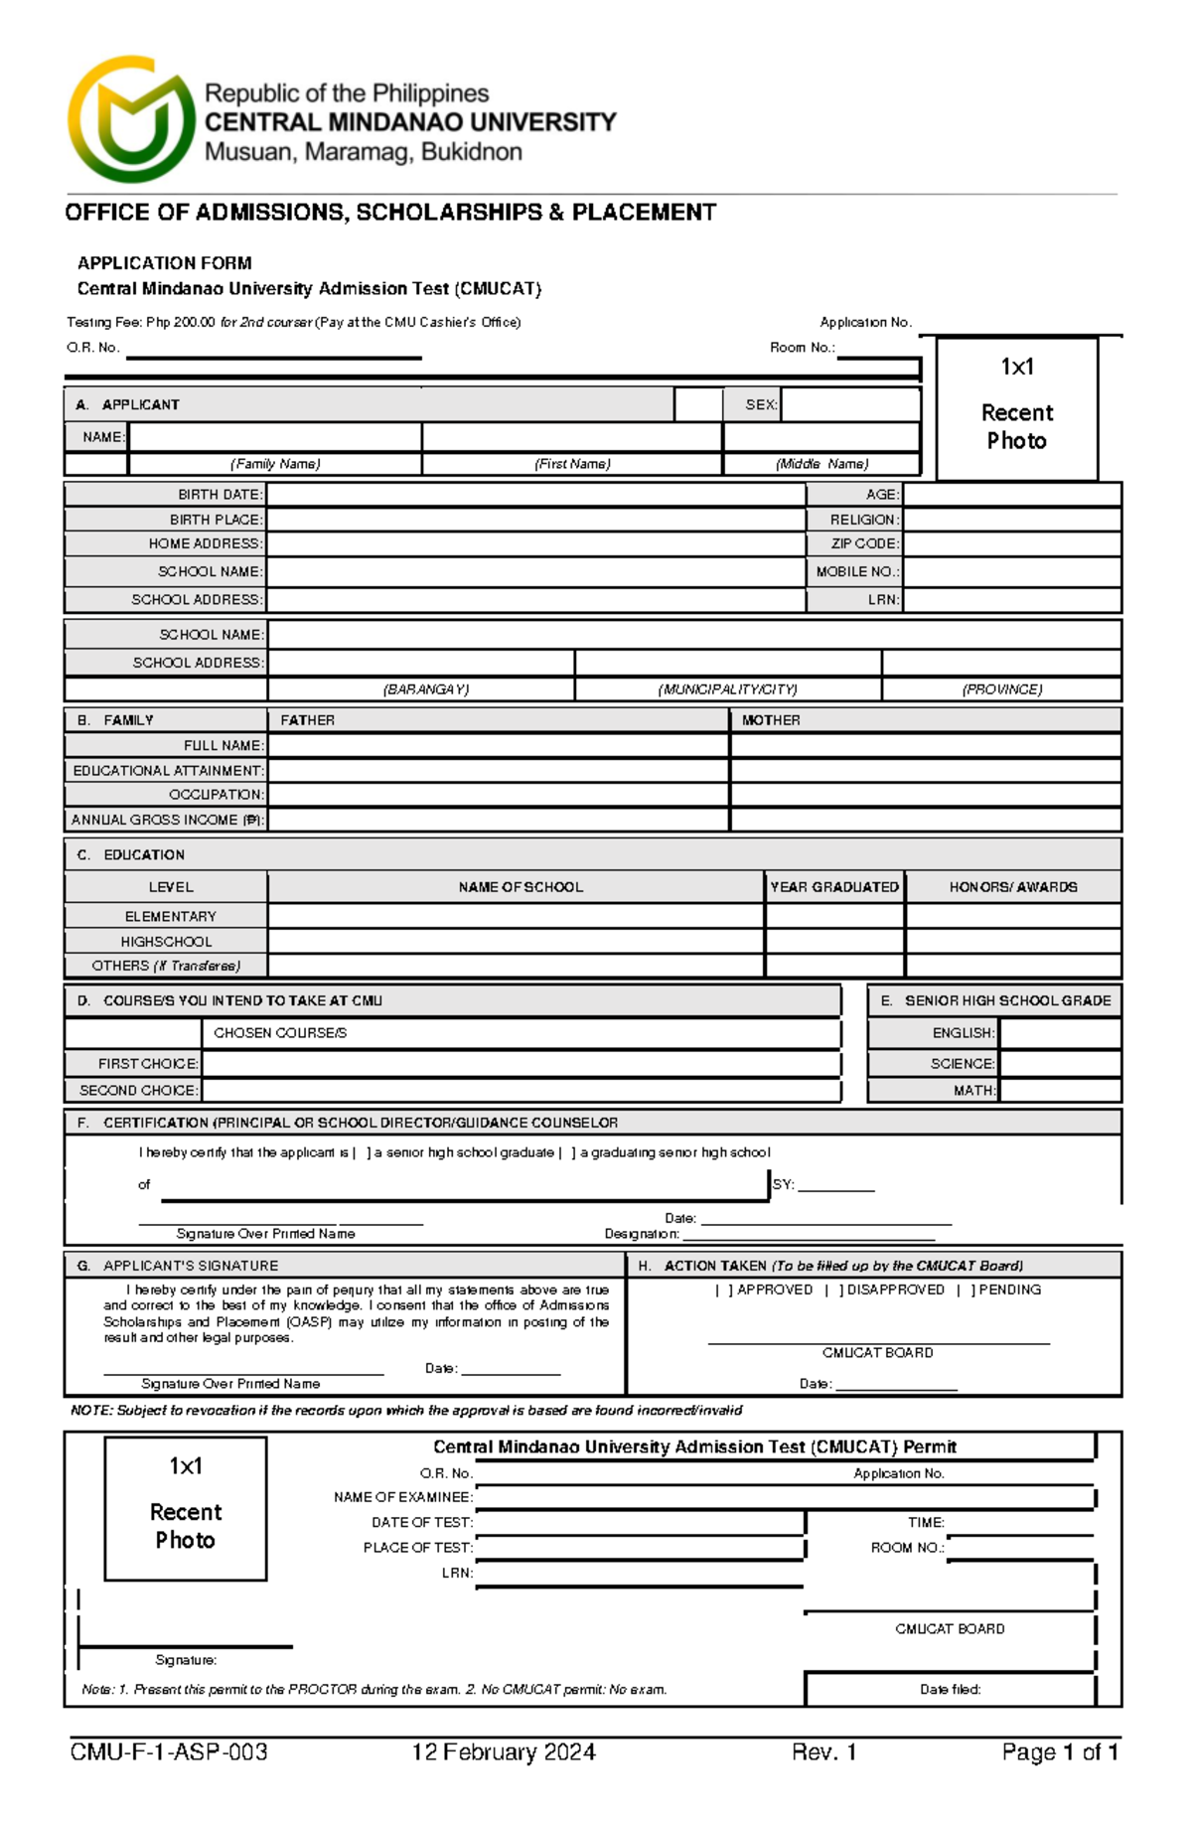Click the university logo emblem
point(130,120)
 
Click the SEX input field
point(849,404)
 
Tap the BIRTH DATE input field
point(535,495)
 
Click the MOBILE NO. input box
point(1011,572)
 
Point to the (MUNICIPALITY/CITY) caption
point(727,689)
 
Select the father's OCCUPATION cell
point(498,795)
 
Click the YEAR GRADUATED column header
point(834,887)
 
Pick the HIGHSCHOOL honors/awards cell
point(1013,942)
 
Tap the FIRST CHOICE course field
point(521,1064)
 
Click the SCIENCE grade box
point(1059,1064)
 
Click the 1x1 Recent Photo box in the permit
point(186,1508)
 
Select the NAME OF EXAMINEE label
point(402,1497)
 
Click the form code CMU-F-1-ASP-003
point(169,1752)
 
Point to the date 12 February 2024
point(504,1752)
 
